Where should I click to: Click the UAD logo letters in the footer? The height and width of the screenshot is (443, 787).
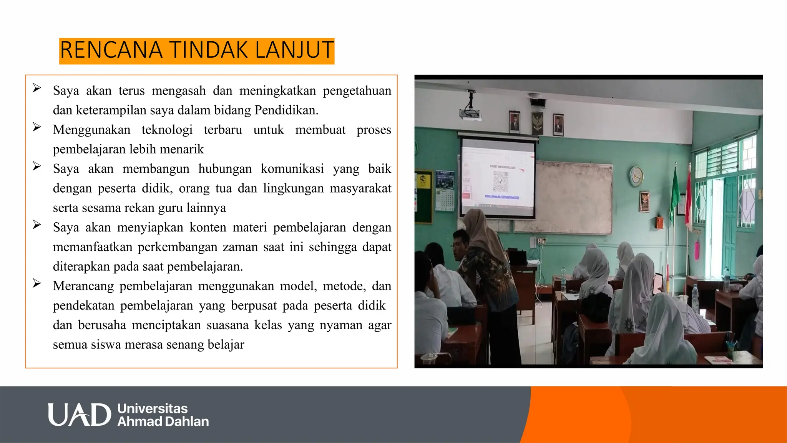click(x=79, y=415)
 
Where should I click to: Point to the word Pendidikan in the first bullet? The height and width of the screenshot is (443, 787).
click(x=286, y=110)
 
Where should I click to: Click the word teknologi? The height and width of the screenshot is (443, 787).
click(x=167, y=130)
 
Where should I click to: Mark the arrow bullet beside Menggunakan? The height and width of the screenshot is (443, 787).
click(x=37, y=127)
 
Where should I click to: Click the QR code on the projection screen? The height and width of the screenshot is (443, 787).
click(x=501, y=182)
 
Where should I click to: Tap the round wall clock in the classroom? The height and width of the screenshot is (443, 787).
click(x=636, y=176)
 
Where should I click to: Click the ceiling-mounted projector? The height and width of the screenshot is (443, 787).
click(x=470, y=113)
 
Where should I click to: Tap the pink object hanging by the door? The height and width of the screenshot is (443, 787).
click(x=697, y=249)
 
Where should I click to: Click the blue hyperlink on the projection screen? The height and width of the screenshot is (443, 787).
click(x=502, y=197)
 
